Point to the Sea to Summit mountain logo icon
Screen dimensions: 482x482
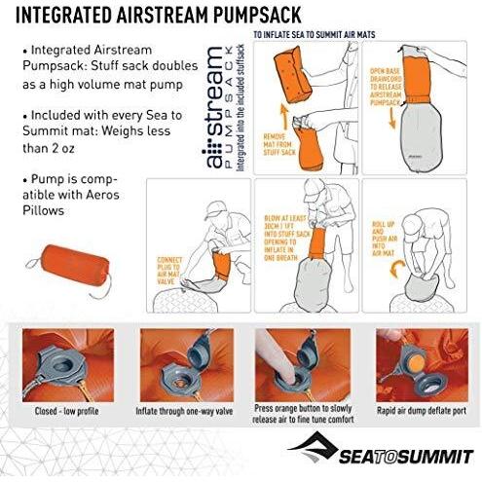pos(313,449)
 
